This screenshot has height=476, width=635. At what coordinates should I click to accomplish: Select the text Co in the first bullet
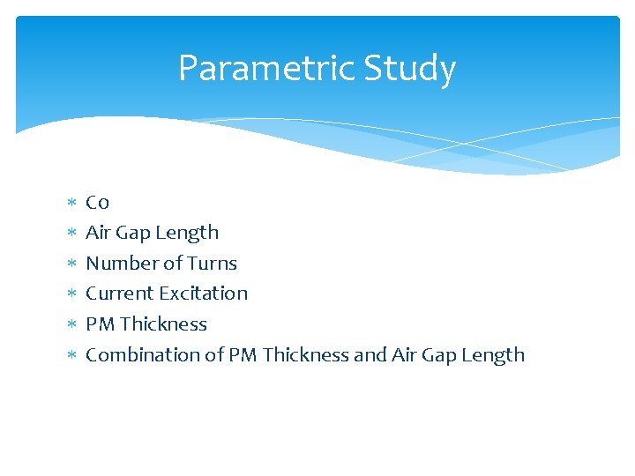[97, 203]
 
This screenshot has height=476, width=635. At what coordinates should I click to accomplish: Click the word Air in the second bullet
[99, 233]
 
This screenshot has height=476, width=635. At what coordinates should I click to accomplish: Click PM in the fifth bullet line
[101, 324]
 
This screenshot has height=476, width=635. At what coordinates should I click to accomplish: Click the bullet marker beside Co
[71, 204]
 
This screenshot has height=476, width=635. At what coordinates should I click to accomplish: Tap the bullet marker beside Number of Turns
[71, 264]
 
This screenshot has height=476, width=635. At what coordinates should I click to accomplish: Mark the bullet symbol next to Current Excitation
[71, 294]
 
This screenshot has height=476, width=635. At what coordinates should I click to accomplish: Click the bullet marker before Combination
[71, 356]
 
